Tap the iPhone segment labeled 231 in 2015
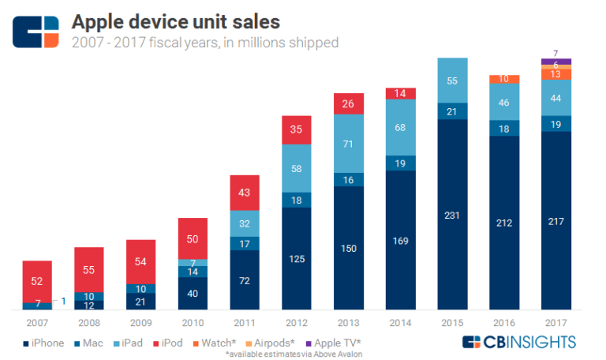452,214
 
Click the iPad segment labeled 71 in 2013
349,144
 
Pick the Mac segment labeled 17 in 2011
245,244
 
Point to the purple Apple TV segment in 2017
556,61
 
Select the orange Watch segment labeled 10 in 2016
504,79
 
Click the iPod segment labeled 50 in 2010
194,238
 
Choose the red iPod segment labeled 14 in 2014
401,93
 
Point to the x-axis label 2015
452,324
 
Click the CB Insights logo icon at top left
36,29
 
